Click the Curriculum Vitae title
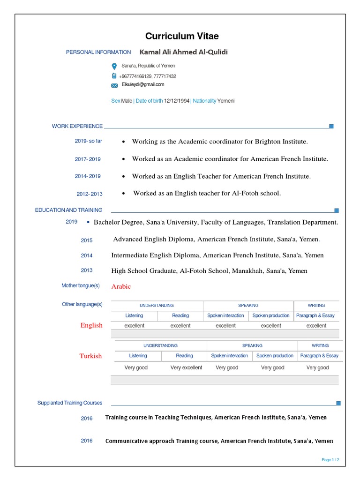[182, 36]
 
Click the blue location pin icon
[114, 67]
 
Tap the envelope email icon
[114, 85]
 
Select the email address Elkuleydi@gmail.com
[143, 85]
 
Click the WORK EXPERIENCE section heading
[77, 126]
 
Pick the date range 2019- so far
[88, 141]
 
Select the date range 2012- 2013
[90, 194]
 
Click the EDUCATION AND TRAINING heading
[68, 210]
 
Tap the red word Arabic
[121, 286]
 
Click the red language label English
[91, 325]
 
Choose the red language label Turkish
[90, 356]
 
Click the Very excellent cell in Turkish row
[186, 368]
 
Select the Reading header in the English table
[180, 316]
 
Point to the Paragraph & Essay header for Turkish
[319, 356]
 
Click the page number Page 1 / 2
[330, 460]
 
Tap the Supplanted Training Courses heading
[70, 403]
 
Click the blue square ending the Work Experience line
[331, 126]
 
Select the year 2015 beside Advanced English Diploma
[87, 240]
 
